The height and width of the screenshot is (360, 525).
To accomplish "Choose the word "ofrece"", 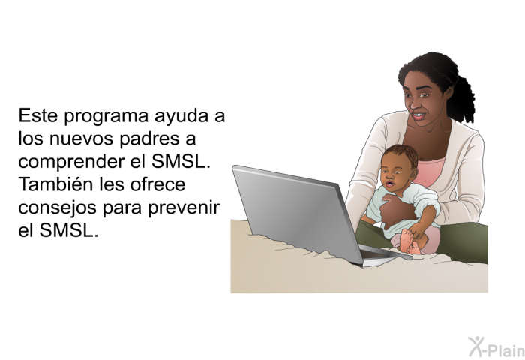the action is click(x=157, y=184).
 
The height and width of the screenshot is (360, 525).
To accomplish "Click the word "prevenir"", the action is click(x=184, y=208).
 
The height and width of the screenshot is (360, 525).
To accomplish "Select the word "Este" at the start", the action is click(x=38, y=115).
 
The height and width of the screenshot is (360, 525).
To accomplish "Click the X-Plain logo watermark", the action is click(x=496, y=346).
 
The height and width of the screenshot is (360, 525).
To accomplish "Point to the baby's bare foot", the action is click(x=409, y=241).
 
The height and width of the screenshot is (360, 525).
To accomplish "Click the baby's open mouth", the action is click(x=389, y=184).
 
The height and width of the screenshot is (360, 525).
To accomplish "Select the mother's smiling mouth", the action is click(x=418, y=116).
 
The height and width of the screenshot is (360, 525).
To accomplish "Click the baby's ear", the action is click(x=414, y=174).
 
